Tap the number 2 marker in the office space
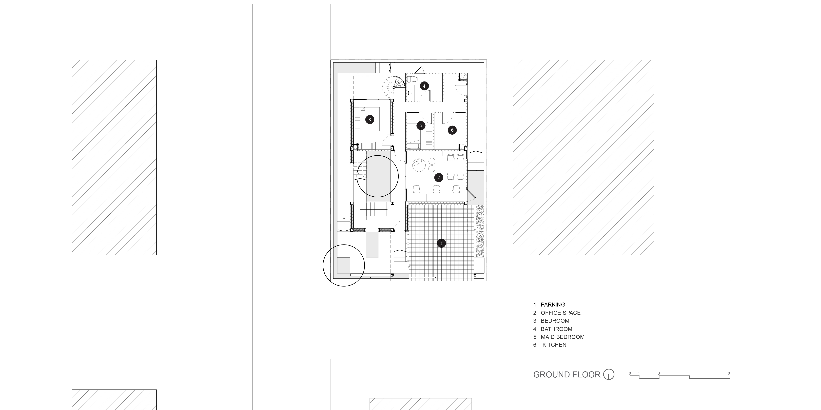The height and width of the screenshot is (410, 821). (x=439, y=178)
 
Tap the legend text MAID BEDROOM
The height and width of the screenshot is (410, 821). (x=563, y=337)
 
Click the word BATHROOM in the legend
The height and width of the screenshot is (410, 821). (x=556, y=329)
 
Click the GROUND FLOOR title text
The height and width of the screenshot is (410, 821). (x=567, y=375)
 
